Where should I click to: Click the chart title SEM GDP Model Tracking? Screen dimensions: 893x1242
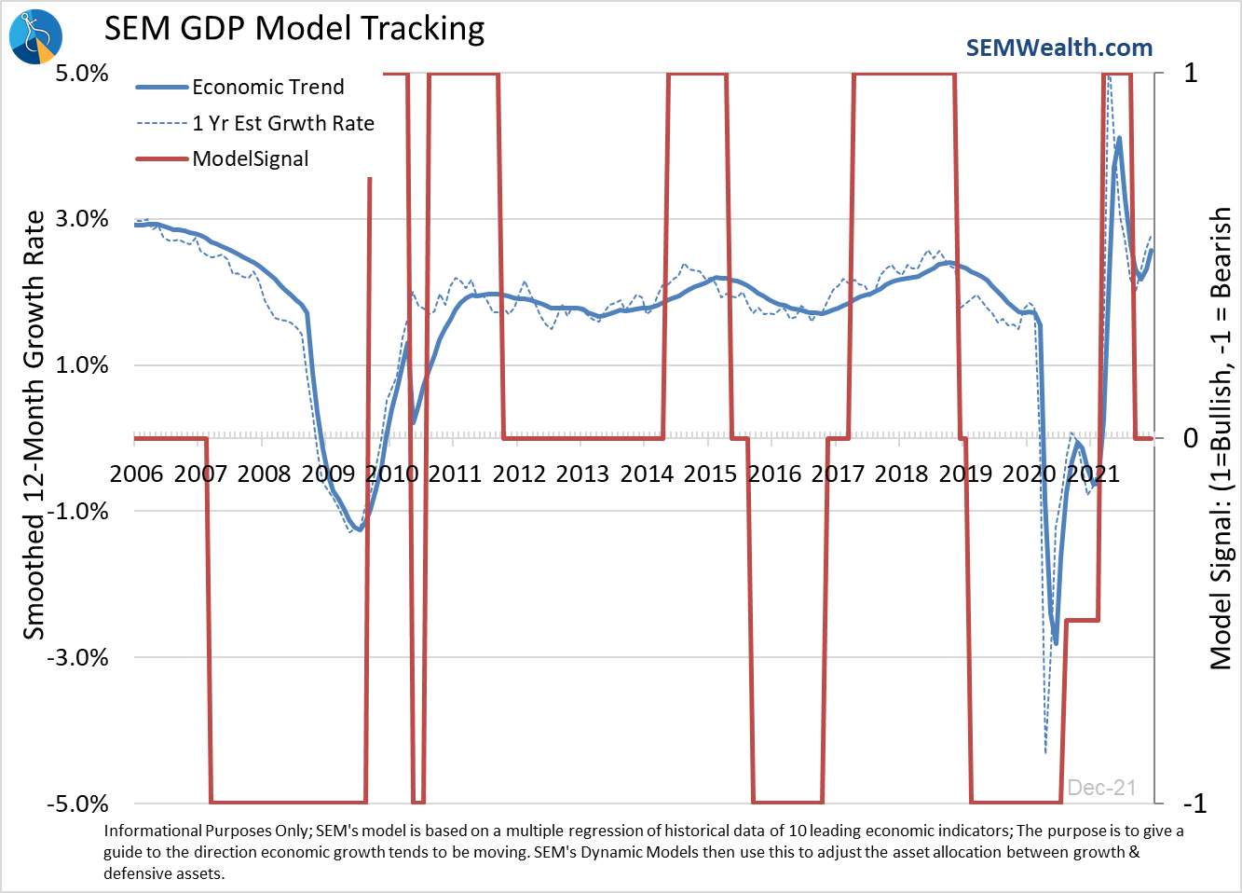tap(294, 29)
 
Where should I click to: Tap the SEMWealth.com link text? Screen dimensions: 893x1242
tap(1058, 48)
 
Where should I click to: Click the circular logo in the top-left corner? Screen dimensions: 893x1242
tap(35, 35)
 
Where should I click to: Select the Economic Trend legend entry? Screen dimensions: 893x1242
tap(268, 88)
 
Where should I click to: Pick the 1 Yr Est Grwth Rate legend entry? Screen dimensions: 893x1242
tap(283, 123)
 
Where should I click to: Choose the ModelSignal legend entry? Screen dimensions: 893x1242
tap(251, 158)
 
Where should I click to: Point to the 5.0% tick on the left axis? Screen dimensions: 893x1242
tap(82, 74)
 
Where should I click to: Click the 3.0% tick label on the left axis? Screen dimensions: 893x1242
tap(82, 219)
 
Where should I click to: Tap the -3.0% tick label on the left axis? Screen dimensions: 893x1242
tap(78, 657)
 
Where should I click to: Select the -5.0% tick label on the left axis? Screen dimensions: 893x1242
tap(78, 804)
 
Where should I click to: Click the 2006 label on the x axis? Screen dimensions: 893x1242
tap(137, 474)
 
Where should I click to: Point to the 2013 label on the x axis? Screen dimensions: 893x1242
tap(582, 474)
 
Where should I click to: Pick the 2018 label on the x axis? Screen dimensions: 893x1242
tap(901, 474)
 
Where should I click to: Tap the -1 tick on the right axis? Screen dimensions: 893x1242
tap(1194, 804)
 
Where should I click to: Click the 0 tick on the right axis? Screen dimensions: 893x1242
tap(1190, 438)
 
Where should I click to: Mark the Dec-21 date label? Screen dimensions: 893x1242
tap(1101, 788)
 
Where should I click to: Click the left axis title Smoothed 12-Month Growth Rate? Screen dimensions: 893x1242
tap(34, 424)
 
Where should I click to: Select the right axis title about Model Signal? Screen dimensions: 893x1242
tap(1220, 438)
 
